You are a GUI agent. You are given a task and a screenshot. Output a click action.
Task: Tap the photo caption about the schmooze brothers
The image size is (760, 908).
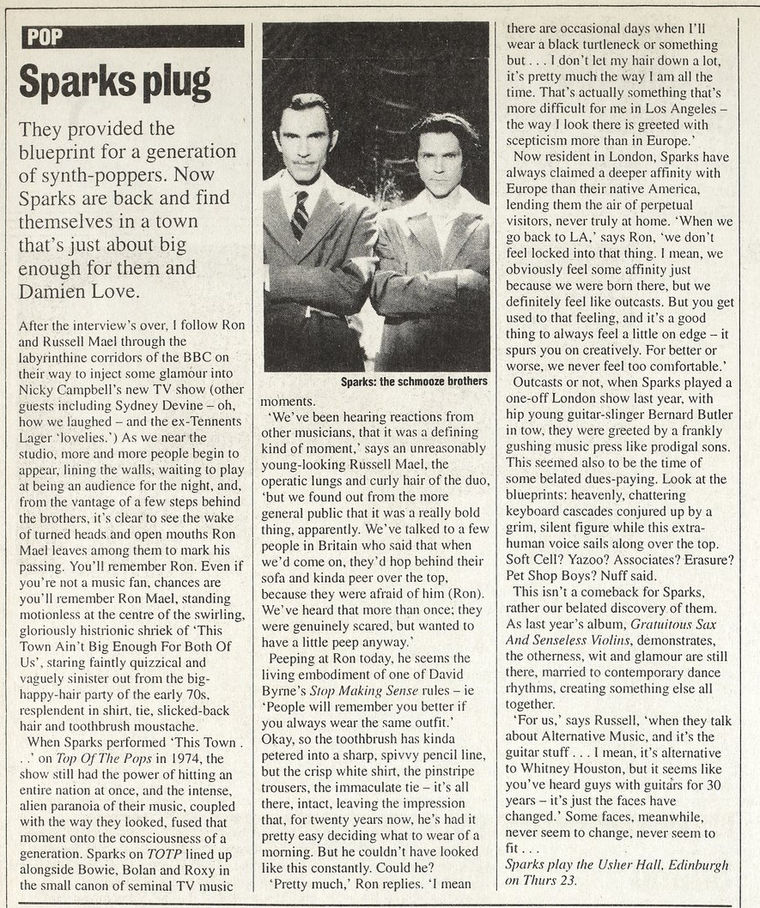click(x=414, y=381)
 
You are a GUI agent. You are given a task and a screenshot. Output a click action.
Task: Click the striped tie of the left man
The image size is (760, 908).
click(x=299, y=214)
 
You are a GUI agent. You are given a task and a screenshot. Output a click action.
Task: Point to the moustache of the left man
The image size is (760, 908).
click(x=303, y=160)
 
